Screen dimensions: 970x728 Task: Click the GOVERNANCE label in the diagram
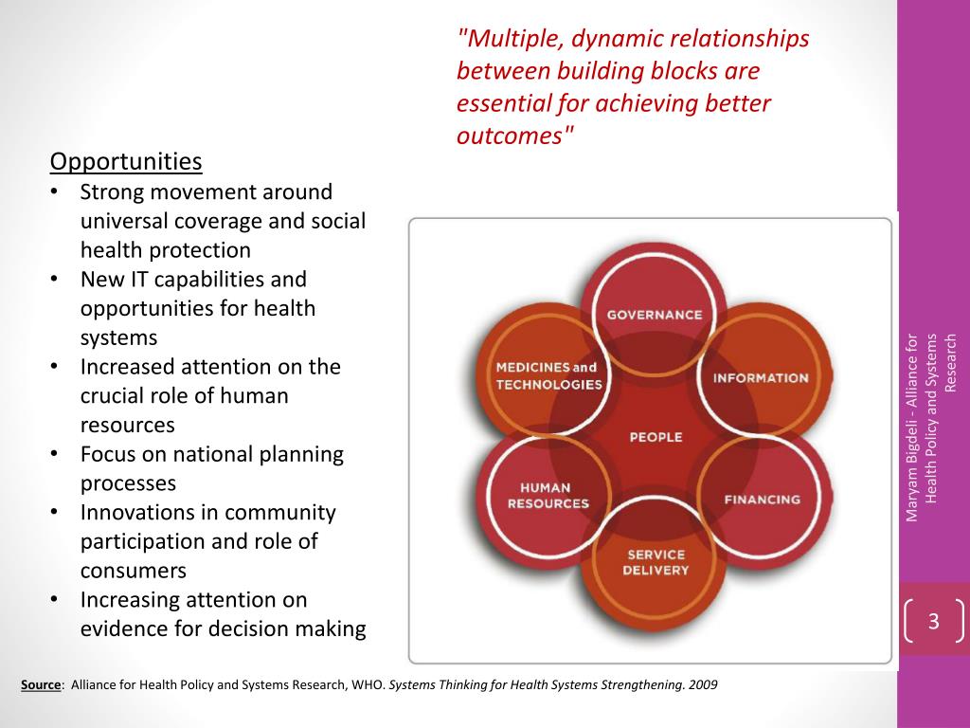(655, 315)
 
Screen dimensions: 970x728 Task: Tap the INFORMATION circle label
(761, 377)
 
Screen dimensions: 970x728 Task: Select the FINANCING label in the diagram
(762, 500)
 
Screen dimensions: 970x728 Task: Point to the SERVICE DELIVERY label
(655, 562)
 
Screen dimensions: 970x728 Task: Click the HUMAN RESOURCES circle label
(548, 496)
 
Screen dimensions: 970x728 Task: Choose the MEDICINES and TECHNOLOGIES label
(548, 375)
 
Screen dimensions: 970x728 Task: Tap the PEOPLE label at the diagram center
(656, 437)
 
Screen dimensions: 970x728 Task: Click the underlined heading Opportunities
(126, 162)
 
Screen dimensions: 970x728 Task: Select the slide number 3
(933, 622)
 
